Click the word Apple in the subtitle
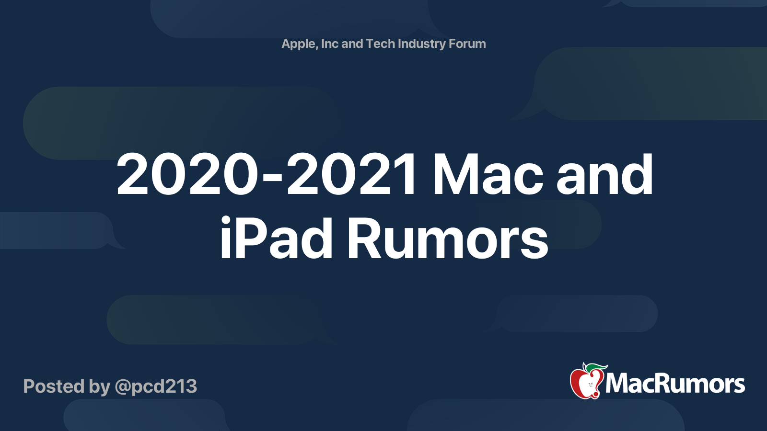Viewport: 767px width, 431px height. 298,44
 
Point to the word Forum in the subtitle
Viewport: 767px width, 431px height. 467,44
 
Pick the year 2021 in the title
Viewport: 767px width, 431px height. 352,175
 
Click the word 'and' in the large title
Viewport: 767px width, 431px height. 605,175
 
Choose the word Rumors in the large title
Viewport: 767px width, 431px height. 447,238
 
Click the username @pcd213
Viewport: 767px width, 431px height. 156,387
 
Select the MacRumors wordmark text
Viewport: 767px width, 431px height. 675,384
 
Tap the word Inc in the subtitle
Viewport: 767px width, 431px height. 330,44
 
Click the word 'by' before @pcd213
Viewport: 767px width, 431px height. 99,387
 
